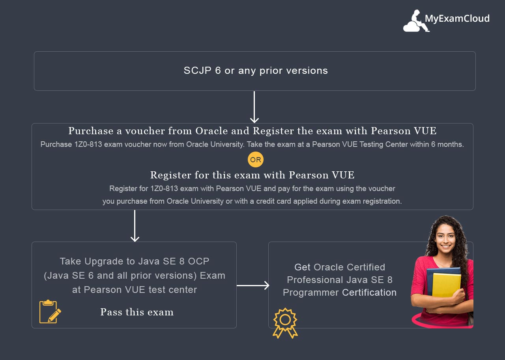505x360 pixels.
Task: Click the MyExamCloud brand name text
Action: point(457,19)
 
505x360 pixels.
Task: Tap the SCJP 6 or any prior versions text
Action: point(256,71)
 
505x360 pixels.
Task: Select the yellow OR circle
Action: point(256,160)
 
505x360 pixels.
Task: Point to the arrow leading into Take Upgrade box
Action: point(135,226)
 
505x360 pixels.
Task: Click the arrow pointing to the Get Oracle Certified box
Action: point(253,285)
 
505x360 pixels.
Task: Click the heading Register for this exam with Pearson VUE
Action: point(252,175)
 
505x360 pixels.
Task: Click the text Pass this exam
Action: point(137,312)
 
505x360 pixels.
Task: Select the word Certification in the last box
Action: point(369,292)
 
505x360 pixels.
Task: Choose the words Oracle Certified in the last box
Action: point(349,267)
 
